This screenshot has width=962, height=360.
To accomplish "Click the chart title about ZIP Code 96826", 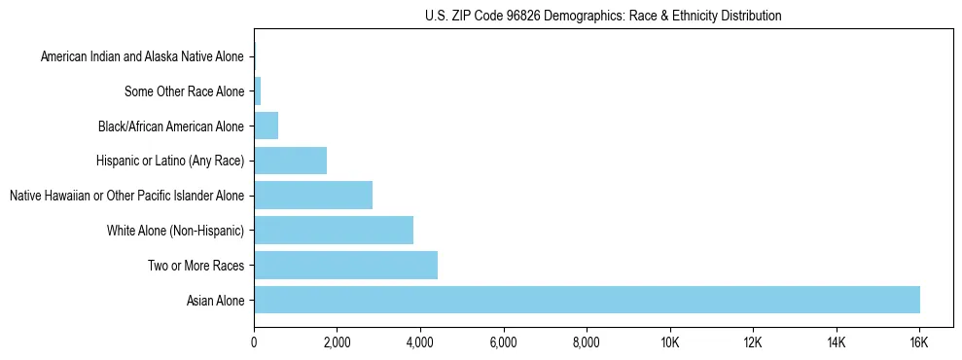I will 603,16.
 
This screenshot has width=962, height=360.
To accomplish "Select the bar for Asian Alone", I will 587,300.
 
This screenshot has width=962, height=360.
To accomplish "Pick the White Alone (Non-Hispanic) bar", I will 334,230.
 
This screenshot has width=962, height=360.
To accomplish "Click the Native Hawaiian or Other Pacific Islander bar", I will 313,195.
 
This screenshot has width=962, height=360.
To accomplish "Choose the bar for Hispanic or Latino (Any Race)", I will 290,161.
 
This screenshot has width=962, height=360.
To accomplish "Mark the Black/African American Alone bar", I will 266,126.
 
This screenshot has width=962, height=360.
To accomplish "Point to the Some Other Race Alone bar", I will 258,91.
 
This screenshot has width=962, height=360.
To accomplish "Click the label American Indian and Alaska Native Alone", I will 142,56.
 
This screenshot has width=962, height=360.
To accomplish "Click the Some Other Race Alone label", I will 184,91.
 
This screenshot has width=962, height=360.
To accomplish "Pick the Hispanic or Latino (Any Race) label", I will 169,161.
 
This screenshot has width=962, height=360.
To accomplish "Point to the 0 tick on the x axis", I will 254,343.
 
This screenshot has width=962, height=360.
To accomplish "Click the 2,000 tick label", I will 337,343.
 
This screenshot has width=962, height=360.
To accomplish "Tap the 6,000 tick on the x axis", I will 503,343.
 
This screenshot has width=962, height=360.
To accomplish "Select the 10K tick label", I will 669,343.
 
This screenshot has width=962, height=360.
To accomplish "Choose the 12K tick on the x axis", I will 753,343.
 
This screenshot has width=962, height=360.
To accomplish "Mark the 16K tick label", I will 919,343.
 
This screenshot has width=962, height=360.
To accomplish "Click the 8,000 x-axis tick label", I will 587,343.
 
